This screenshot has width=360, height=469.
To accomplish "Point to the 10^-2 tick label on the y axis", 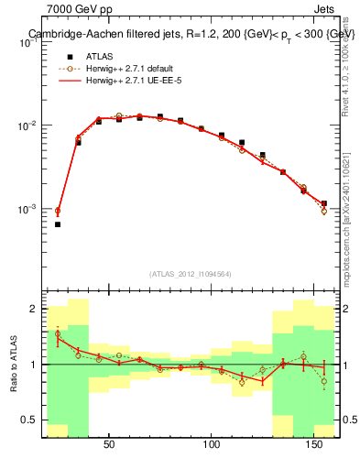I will (x=27, y=125).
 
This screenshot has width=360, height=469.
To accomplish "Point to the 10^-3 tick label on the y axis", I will (x=27, y=210).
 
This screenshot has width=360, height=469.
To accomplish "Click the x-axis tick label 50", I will (x=109, y=445).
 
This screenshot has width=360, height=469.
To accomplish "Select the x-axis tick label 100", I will (x=213, y=445).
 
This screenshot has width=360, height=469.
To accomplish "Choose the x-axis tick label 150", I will (x=316, y=445).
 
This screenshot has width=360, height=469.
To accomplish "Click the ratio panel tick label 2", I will (x=34, y=310).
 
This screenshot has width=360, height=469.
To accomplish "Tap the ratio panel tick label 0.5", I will (x=29, y=420).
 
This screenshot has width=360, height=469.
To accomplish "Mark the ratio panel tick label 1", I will (x=34, y=365).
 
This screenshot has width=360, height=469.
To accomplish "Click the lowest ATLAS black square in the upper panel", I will (x=58, y=224).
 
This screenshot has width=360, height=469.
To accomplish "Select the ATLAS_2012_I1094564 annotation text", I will (x=189, y=273).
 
